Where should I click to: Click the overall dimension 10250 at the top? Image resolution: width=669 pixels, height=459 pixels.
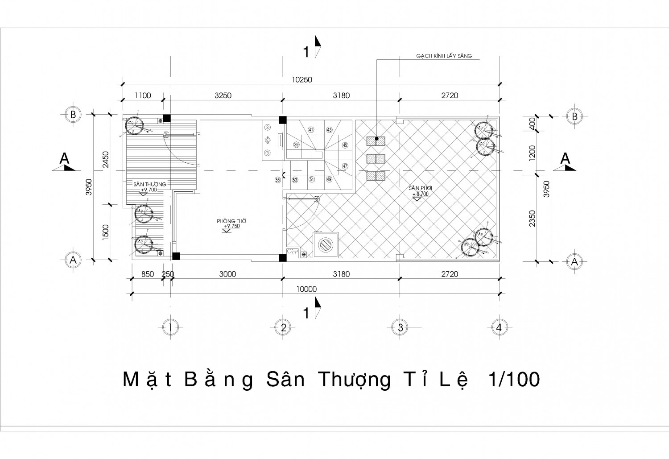tap(302, 80)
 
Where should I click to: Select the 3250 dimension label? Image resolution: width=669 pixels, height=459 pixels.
tap(223, 95)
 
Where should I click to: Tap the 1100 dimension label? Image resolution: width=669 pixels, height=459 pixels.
tap(143, 95)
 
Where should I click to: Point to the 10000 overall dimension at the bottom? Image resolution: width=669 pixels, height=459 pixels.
tap(306, 289)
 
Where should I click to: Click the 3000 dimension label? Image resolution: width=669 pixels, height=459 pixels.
tap(227, 274)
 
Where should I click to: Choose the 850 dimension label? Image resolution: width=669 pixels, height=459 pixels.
tap(147, 274)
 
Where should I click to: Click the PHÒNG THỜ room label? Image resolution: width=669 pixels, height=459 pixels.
tap(231, 221)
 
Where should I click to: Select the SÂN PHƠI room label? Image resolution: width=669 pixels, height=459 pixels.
tap(420, 188)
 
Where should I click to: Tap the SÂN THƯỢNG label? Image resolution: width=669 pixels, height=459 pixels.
tap(149, 184)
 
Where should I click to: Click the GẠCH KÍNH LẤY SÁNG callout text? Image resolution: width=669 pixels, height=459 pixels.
tap(444, 56)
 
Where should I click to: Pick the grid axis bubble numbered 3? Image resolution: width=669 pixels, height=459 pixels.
tap(400, 327)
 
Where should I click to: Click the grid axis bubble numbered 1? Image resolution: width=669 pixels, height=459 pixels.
tap(170, 327)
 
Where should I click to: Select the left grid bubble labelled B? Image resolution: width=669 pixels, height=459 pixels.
tap(73, 115)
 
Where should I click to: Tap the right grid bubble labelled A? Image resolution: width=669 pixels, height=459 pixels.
tap(574, 262)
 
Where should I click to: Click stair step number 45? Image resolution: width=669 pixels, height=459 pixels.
tap(345, 145)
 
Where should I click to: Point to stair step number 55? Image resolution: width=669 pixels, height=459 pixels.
tap(278, 180)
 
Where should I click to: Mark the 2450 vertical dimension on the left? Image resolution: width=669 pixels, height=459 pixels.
tap(106, 159)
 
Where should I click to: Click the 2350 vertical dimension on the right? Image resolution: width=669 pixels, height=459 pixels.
tap(532, 218)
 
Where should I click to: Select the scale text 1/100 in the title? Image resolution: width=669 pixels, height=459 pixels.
tap(514, 380)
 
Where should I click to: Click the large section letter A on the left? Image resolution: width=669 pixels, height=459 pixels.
tap(65, 159)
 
